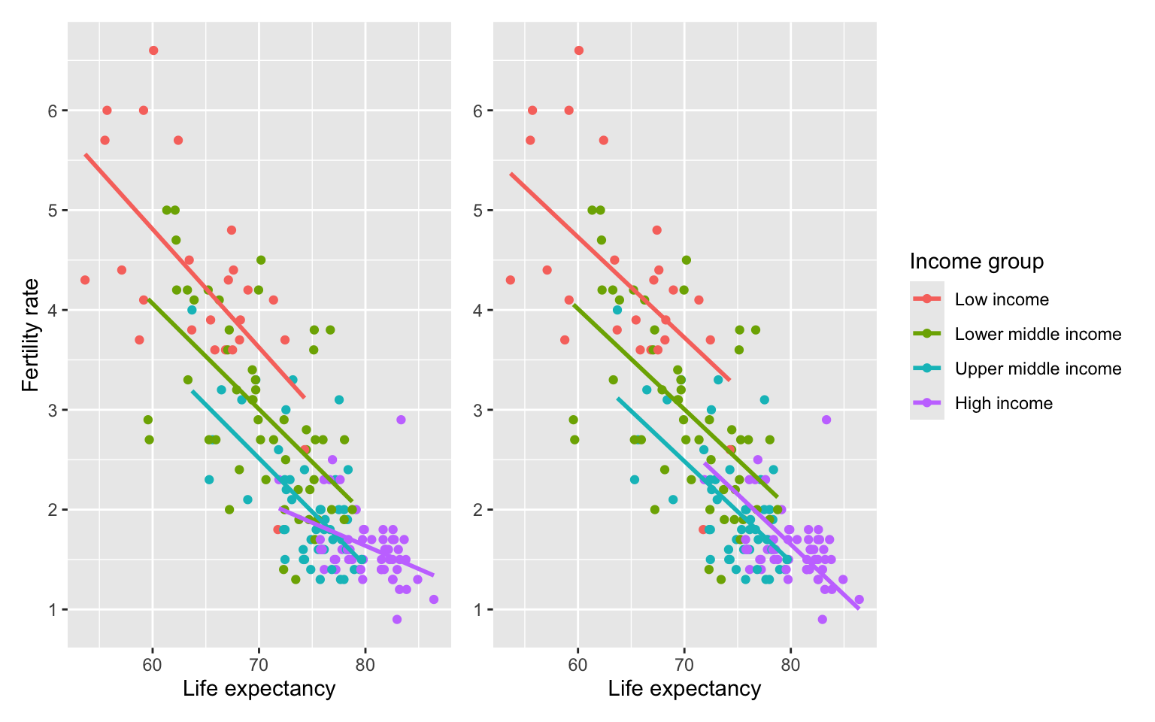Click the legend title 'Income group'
point(977,262)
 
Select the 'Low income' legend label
point(1002,299)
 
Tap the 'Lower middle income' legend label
point(1038,334)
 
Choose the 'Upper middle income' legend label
point(1038,369)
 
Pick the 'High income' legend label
point(1003,403)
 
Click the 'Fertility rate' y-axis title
point(31,335)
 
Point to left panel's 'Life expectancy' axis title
point(259,689)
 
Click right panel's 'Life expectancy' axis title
point(685,689)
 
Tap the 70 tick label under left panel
point(259,665)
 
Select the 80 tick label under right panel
point(790,665)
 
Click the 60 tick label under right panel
point(578,665)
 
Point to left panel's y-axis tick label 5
point(52,211)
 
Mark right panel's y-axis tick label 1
point(477,610)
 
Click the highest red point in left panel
point(153,50)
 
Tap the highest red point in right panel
point(578,50)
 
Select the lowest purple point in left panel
point(396,620)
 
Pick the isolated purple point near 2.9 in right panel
point(826,420)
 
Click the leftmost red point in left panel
point(85,280)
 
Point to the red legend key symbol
point(927,299)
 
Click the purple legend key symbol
point(927,403)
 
